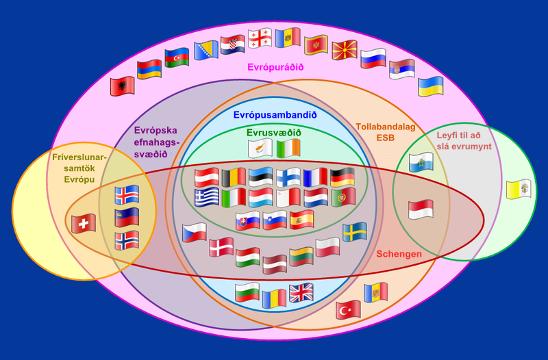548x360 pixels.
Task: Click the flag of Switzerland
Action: (x=84, y=224)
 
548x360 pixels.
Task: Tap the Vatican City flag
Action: (x=519, y=190)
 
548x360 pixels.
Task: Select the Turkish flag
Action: (x=348, y=310)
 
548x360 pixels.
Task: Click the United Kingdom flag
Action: (x=301, y=293)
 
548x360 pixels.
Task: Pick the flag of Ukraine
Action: (x=431, y=86)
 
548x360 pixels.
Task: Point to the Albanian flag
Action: (x=123, y=86)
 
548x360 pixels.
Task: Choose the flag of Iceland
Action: (x=127, y=195)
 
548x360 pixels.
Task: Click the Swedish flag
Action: (x=355, y=232)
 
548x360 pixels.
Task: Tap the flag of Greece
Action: (x=207, y=198)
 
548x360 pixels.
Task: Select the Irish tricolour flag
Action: (x=288, y=149)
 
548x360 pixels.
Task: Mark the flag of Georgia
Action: (x=260, y=38)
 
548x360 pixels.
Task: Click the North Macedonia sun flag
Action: (x=345, y=50)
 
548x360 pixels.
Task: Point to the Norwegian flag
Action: (x=127, y=241)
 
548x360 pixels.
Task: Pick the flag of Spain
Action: (x=302, y=220)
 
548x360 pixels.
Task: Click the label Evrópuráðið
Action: (x=275, y=67)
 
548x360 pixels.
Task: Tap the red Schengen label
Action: (x=399, y=254)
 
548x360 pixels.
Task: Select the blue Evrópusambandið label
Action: (x=275, y=115)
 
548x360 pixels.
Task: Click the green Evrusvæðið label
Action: (x=273, y=133)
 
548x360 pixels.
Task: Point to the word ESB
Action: (x=386, y=138)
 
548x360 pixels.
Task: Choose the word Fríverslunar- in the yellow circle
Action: (x=79, y=157)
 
